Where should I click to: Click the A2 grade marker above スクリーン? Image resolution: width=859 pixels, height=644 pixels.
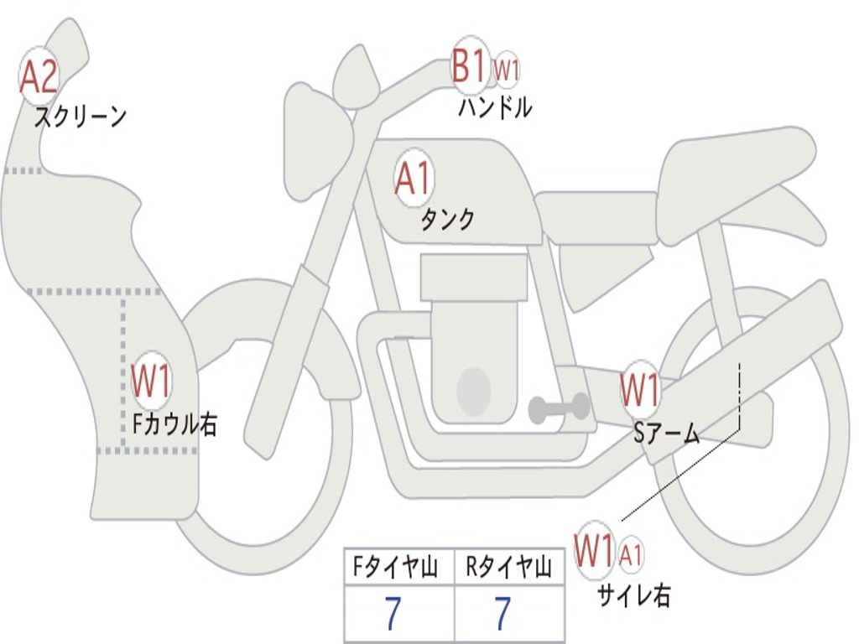(x=39, y=77)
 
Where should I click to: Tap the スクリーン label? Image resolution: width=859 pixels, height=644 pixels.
(x=80, y=117)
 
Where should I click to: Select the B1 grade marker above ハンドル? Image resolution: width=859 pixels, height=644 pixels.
(x=469, y=67)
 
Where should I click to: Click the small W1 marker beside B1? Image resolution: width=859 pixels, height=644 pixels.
(x=507, y=70)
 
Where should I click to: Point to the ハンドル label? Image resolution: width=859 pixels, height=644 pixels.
(x=495, y=107)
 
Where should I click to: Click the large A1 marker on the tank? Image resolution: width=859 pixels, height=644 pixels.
(x=414, y=178)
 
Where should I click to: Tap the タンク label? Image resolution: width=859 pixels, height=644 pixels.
(x=447, y=220)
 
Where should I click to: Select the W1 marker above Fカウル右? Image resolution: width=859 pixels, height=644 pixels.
(x=151, y=382)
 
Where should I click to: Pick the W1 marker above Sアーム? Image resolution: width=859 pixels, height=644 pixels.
(x=640, y=389)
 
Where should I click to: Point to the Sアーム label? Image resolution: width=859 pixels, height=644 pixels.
(x=667, y=433)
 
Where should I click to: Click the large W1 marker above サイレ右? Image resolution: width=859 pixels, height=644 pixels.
(x=594, y=551)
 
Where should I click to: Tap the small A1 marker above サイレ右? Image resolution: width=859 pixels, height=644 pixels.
(x=631, y=553)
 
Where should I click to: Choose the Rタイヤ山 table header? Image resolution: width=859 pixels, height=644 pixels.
(x=508, y=569)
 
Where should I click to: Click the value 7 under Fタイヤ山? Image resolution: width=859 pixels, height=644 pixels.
(x=393, y=615)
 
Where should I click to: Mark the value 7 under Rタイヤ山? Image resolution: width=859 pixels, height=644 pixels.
(x=503, y=615)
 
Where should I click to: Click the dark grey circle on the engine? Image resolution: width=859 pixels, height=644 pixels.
(x=473, y=390)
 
